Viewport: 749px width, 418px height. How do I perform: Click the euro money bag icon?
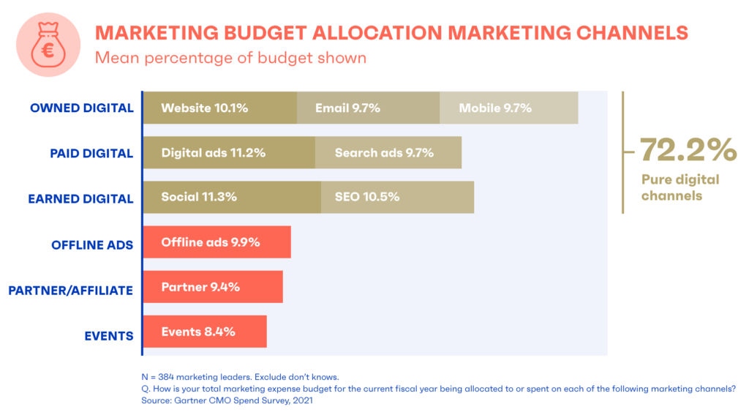(48, 45)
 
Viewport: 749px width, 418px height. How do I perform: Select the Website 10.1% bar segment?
(219, 108)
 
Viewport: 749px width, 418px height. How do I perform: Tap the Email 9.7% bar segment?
(368, 108)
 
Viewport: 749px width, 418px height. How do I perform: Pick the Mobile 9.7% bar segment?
(508, 108)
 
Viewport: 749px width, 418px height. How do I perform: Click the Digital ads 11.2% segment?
(228, 153)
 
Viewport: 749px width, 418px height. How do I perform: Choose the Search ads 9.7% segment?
(388, 153)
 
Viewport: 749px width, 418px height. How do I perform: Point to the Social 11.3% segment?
(231, 198)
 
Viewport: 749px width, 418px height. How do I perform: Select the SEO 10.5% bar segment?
(397, 198)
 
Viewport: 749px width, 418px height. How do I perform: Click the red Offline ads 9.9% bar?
(217, 242)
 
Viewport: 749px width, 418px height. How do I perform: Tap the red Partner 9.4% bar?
(212, 287)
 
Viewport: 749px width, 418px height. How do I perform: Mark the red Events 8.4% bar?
(204, 332)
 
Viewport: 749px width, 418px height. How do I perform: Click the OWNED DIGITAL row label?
(82, 108)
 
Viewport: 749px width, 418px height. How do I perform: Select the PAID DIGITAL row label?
(91, 154)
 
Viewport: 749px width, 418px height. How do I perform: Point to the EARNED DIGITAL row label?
(80, 198)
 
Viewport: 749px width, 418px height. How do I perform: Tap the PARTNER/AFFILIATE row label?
(70, 291)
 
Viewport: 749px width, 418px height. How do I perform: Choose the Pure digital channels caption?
(680, 187)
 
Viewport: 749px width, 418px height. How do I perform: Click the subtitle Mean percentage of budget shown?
(230, 57)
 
